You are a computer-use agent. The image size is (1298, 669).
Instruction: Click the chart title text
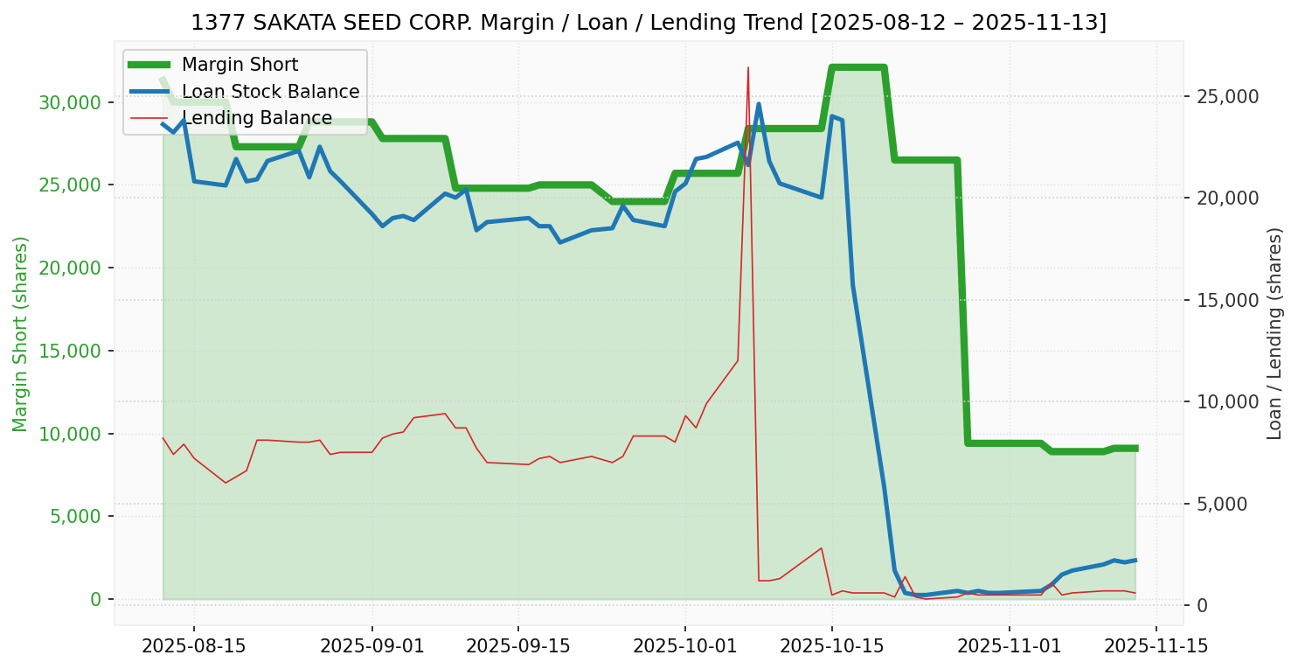(x=649, y=23)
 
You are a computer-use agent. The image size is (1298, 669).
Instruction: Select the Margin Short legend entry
(x=239, y=65)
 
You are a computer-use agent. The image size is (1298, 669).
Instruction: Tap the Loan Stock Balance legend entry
(x=270, y=92)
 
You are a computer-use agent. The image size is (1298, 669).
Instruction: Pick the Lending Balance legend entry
(x=256, y=118)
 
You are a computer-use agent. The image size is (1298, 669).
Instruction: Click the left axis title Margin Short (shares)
(x=20, y=333)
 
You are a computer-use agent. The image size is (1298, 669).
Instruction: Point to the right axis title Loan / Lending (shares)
(x=1274, y=333)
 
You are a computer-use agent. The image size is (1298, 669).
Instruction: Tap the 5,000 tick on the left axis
(x=73, y=517)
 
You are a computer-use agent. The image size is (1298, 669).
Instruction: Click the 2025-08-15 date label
(x=193, y=647)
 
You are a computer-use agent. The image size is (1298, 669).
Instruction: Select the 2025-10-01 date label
(x=684, y=647)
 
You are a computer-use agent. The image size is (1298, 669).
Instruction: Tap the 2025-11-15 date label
(x=1156, y=647)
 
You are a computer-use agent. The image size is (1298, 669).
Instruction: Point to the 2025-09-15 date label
(x=517, y=647)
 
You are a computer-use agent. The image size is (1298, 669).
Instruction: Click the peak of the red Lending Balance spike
(x=748, y=67)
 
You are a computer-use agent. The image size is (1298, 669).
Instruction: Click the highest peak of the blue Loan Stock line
(x=758, y=104)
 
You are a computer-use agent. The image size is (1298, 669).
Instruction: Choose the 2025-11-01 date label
(x=1010, y=647)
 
